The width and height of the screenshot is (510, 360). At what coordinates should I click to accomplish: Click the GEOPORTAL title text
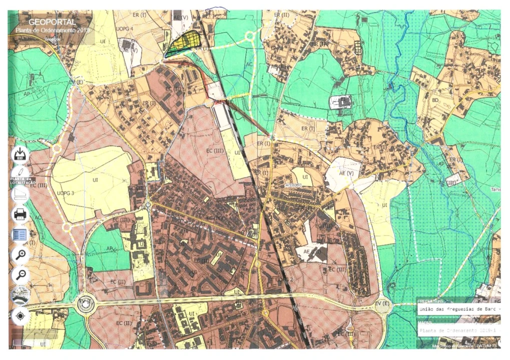point(52,22)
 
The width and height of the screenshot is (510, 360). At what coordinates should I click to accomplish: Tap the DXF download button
point(21,154)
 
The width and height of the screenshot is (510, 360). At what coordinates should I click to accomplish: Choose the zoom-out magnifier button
point(20,274)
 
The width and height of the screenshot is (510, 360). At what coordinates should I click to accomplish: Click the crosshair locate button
point(20,316)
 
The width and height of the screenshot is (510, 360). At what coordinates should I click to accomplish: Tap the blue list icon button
point(20,234)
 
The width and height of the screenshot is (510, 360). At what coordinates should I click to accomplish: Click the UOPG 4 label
point(124,29)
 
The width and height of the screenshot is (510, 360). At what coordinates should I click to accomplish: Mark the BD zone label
point(435,100)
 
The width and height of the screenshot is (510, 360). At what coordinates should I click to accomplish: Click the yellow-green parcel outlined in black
point(184,43)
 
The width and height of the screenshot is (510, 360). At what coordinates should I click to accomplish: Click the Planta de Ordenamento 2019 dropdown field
point(458,330)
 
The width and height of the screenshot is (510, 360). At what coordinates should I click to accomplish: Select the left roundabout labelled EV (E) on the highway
point(86,304)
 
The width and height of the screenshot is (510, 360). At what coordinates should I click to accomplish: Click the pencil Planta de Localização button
point(20,174)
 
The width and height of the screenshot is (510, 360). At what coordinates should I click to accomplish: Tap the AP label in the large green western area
point(26,93)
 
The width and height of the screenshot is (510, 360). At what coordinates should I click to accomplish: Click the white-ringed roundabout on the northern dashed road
point(249,36)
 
